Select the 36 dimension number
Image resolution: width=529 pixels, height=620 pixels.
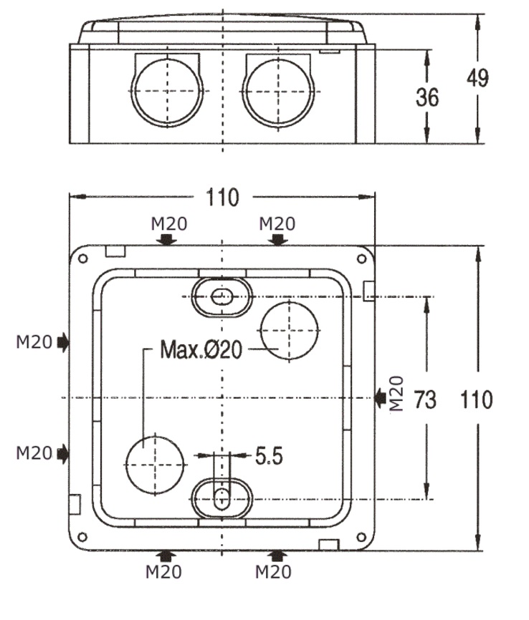coord(427,97)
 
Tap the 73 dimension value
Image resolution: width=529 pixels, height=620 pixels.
coord(425,400)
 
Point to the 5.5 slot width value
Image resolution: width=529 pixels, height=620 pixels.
coord(269,455)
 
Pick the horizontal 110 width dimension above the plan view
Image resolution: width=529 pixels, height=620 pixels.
coord(222,197)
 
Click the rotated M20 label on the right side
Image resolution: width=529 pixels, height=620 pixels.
coord(397,394)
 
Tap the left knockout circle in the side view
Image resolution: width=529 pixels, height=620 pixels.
coord(166,91)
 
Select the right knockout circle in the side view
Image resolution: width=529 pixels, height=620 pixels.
coord(278,91)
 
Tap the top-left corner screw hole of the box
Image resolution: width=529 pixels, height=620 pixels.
coord(82,256)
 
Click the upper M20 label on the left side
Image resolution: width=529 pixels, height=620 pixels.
coord(34,342)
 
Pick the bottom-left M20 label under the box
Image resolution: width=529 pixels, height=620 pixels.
coord(163,572)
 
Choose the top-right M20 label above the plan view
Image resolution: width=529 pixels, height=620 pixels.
coord(277,223)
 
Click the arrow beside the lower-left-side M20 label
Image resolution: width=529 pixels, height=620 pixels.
coord(63,452)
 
